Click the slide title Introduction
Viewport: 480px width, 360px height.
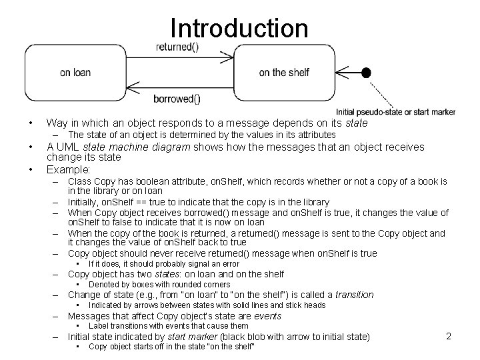(x=239, y=28)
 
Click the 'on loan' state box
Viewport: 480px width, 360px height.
(x=75, y=72)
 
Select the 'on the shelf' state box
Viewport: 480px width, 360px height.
(x=283, y=72)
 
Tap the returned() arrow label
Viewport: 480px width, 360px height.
(x=177, y=47)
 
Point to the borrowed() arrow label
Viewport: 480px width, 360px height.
(x=177, y=99)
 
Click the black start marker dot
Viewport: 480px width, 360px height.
(x=365, y=72)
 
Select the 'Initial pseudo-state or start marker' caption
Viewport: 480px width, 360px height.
(x=395, y=111)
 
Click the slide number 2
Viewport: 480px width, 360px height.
(x=449, y=336)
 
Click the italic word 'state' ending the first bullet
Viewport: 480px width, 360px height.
(x=355, y=123)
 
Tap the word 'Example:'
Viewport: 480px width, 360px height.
(x=67, y=168)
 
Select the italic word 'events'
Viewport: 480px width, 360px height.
(x=268, y=316)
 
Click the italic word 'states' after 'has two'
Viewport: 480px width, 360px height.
(x=167, y=274)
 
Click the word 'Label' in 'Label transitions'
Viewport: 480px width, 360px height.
(x=99, y=326)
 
